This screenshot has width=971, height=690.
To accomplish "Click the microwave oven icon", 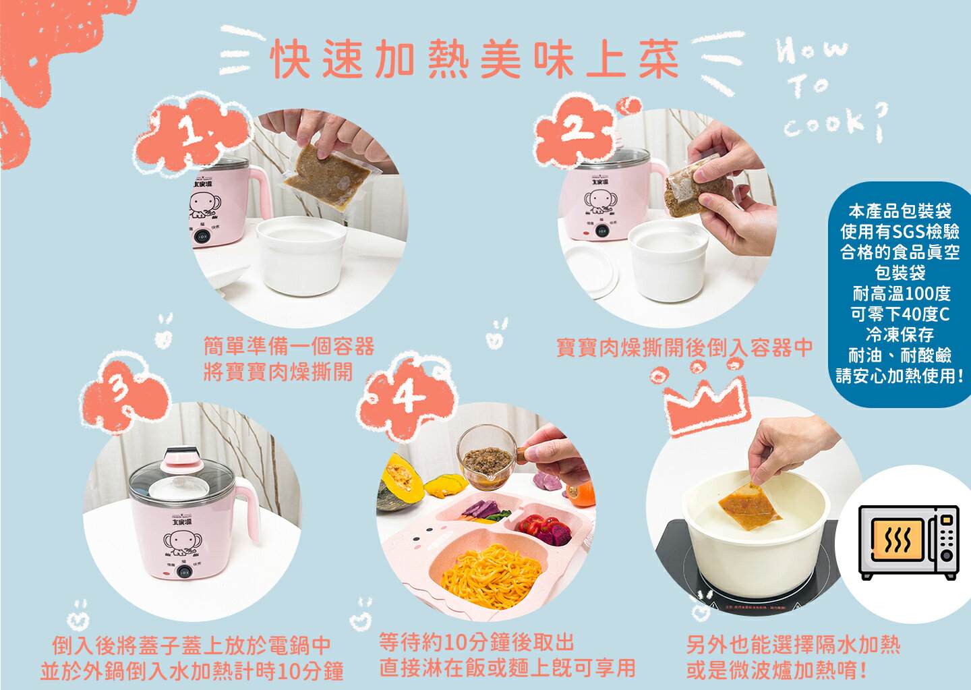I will [908, 542].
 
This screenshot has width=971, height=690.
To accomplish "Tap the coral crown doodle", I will [705, 405].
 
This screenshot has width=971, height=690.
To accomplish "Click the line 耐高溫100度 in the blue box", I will [901, 293].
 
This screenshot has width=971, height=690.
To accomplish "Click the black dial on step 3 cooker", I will [182, 572].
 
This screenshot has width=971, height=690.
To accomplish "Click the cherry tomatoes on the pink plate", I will [540, 524].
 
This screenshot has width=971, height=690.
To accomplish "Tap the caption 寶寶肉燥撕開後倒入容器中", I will [684, 347].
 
